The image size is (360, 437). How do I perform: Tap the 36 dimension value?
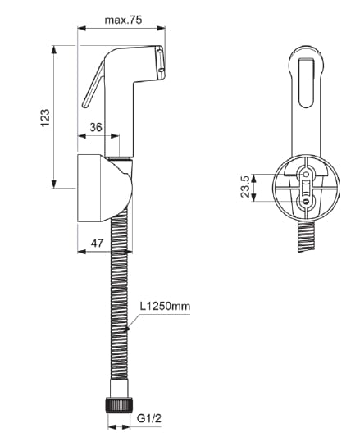point(95,127)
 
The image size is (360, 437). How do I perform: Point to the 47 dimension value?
point(95,244)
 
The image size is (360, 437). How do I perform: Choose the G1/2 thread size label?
point(148,418)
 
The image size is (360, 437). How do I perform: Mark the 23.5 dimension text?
point(244,188)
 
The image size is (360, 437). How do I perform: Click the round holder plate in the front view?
point(305,187)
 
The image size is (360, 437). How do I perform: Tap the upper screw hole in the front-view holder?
point(306,174)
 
